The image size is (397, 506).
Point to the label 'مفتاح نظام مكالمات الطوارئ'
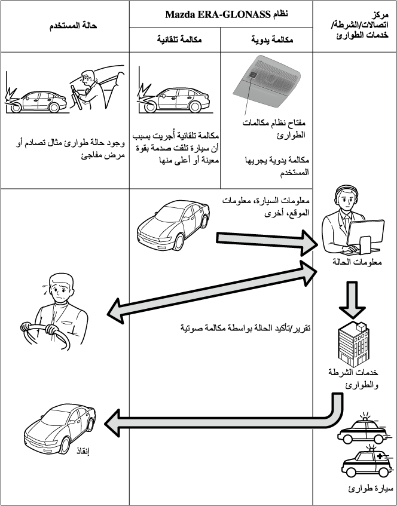coord(276,129)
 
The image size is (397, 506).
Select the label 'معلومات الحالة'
coord(355,263)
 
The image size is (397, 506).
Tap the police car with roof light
coord(362,428)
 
